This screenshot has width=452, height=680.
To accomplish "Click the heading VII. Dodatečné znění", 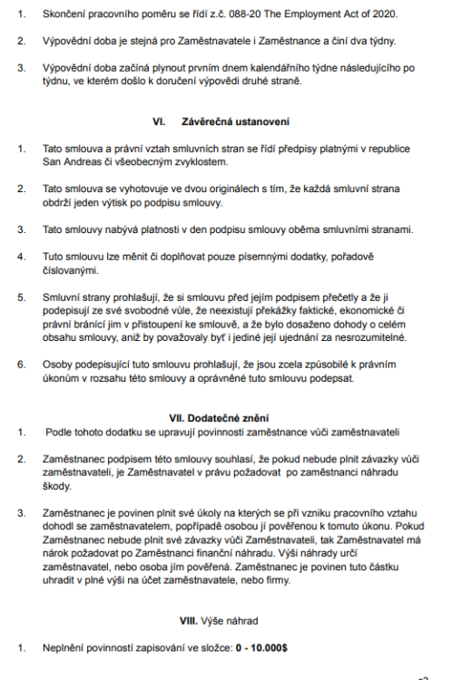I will tap(223, 417).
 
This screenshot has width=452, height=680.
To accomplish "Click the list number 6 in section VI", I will tap(19, 363).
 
